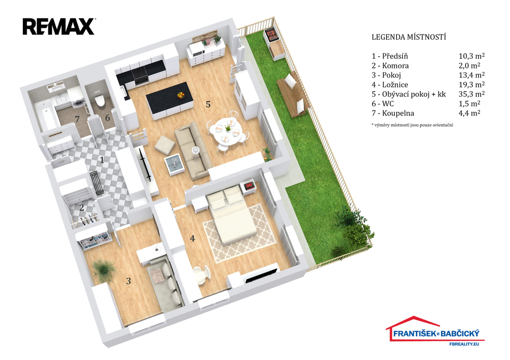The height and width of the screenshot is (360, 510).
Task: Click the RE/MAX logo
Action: [x=58, y=26]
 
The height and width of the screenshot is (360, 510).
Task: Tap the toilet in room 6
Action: [x=99, y=101]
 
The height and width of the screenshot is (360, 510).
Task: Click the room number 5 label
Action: [x=208, y=104]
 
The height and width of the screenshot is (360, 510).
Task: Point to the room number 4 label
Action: [x=192, y=238]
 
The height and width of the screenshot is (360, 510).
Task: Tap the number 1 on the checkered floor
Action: [x=102, y=160]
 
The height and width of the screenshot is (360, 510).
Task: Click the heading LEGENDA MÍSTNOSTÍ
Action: [x=408, y=37]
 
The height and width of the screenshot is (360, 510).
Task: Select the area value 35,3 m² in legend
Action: [x=472, y=94]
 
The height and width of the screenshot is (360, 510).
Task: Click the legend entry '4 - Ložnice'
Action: [x=396, y=85]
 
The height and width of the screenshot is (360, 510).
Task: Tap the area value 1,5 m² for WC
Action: [x=469, y=104]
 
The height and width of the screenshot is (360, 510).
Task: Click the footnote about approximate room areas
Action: [x=412, y=125]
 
